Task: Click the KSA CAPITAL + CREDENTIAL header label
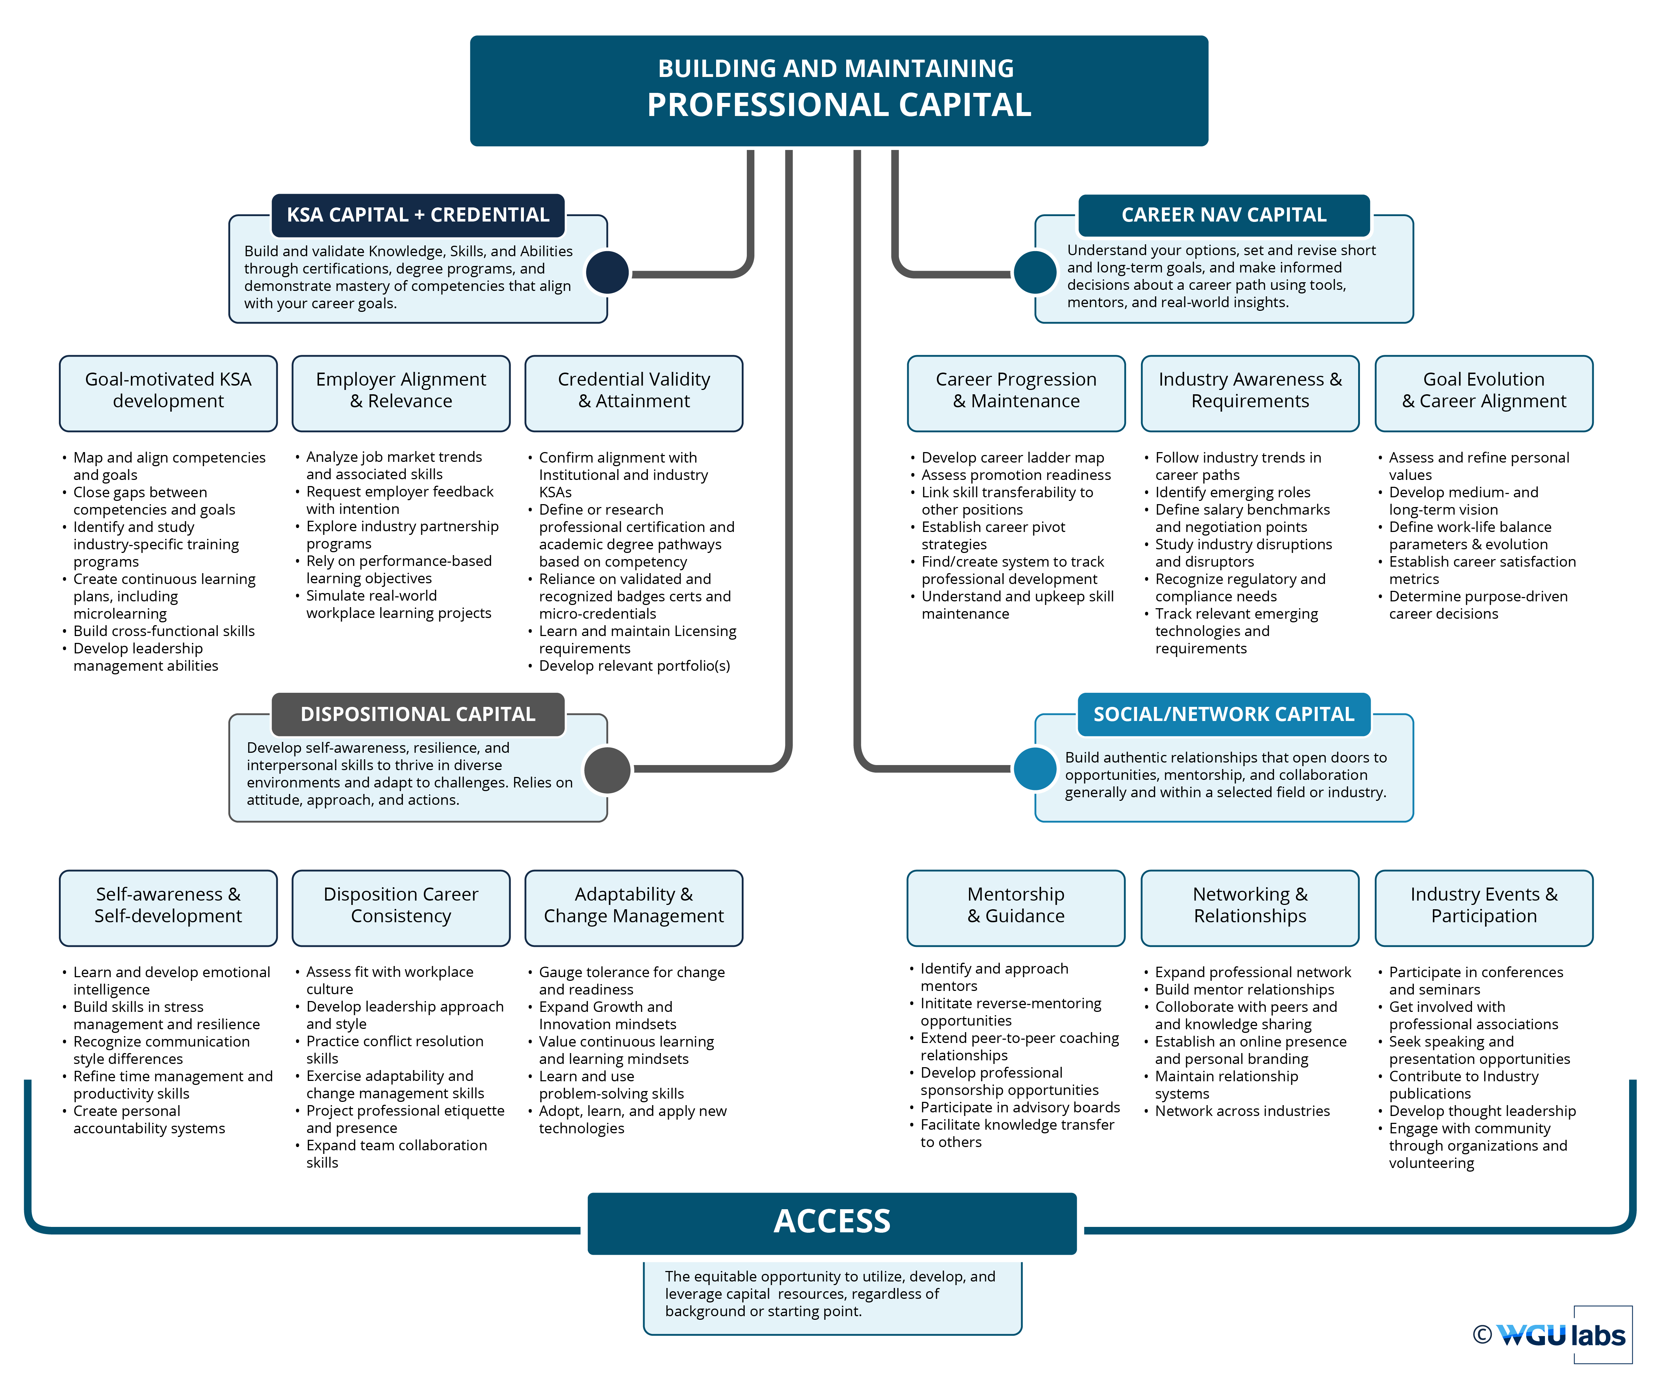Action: click(418, 215)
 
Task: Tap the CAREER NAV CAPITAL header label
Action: click(1223, 215)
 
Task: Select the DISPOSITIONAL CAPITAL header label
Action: click(418, 714)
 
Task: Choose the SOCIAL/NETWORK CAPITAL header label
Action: click(1223, 714)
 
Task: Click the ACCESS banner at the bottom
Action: click(832, 1221)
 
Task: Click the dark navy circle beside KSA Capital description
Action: click(607, 272)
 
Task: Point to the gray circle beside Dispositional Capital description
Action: click(607, 769)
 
